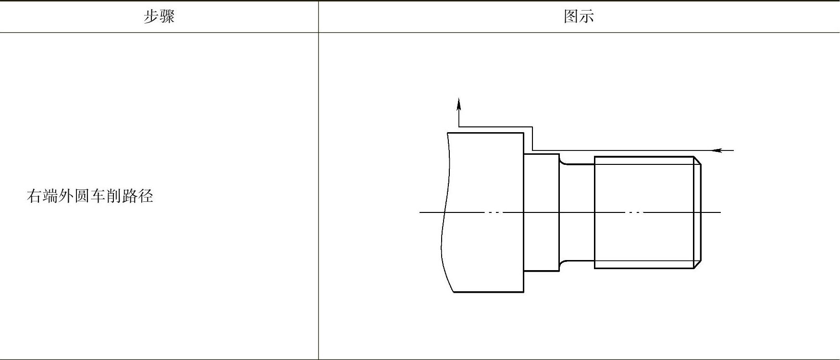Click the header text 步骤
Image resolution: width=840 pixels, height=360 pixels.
159,17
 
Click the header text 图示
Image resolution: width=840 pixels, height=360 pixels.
579,17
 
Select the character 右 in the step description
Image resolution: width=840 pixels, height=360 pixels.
34,196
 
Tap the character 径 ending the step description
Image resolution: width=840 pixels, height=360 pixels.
146,196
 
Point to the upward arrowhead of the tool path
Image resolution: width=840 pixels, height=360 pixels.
458,104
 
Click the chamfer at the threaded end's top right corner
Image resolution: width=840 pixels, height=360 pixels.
697,160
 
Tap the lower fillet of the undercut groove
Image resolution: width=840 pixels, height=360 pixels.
563,263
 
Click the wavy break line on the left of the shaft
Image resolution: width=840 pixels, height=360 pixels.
445,211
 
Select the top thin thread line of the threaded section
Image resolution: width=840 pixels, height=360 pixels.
644,164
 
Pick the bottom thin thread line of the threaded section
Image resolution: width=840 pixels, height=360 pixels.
644,261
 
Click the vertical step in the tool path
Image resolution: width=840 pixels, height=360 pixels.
532,138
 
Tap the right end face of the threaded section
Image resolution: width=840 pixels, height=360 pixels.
701,211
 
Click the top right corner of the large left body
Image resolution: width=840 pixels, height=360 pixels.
523,133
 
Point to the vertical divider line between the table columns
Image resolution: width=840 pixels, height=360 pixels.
318,192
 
